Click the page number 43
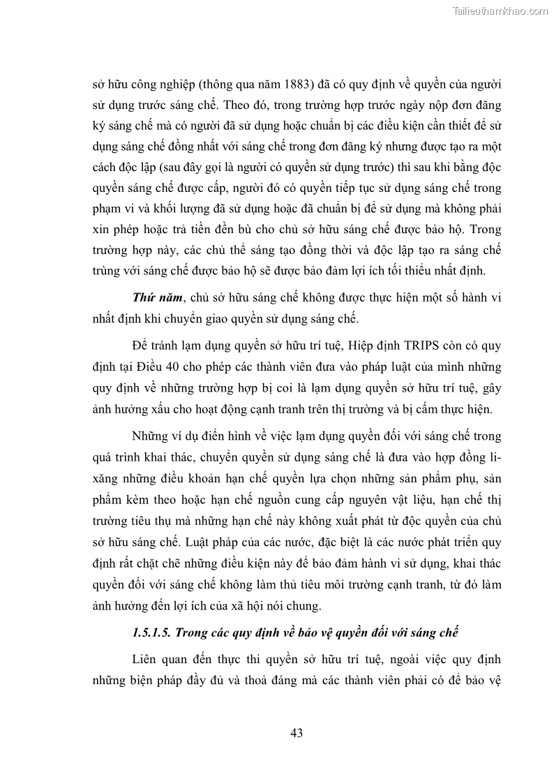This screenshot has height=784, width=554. click(296, 732)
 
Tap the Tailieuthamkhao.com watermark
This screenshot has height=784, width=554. click(501, 10)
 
